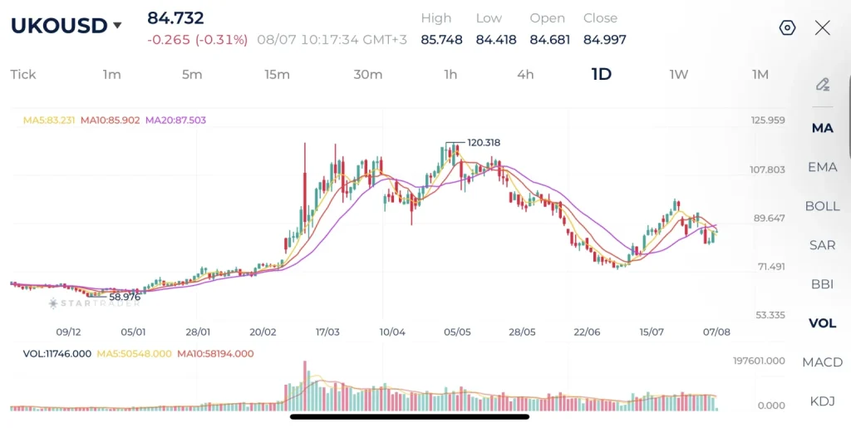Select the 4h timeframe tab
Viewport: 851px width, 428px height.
point(525,74)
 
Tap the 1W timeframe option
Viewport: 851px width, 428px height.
point(678,74)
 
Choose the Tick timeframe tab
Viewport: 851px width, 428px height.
point(22,74)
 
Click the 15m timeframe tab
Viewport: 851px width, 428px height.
point(277,74)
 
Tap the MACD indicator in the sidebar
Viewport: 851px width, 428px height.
point(822,362)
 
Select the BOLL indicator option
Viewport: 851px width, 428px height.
point(822,206)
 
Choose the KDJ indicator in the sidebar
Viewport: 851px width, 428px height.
point(822,401)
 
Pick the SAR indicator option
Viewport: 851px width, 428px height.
point(822,245)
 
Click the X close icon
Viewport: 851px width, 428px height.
point(822,27)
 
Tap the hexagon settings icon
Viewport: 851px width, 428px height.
point(787,27)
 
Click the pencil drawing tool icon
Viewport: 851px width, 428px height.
point(822,85)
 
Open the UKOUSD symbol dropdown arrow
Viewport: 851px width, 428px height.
point(117,26)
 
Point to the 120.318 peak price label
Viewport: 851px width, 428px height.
point(484,143)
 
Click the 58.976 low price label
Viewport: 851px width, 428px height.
point(125,297)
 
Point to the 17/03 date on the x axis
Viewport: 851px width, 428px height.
point(327,332)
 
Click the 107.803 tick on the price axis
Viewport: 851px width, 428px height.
point(767,170)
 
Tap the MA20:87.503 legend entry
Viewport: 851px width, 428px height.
point(176,120)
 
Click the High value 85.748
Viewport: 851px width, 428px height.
point(441,40)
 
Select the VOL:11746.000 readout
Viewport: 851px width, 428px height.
point(57,354)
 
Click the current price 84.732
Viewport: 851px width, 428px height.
point(175,18)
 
